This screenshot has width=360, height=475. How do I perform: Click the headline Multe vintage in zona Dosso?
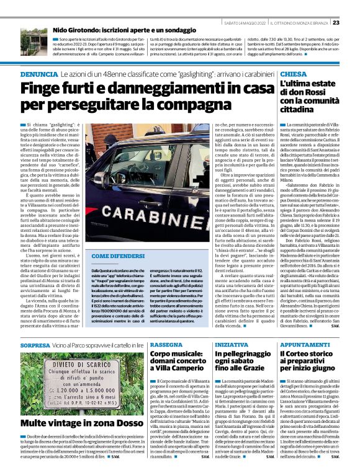[76, 422]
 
